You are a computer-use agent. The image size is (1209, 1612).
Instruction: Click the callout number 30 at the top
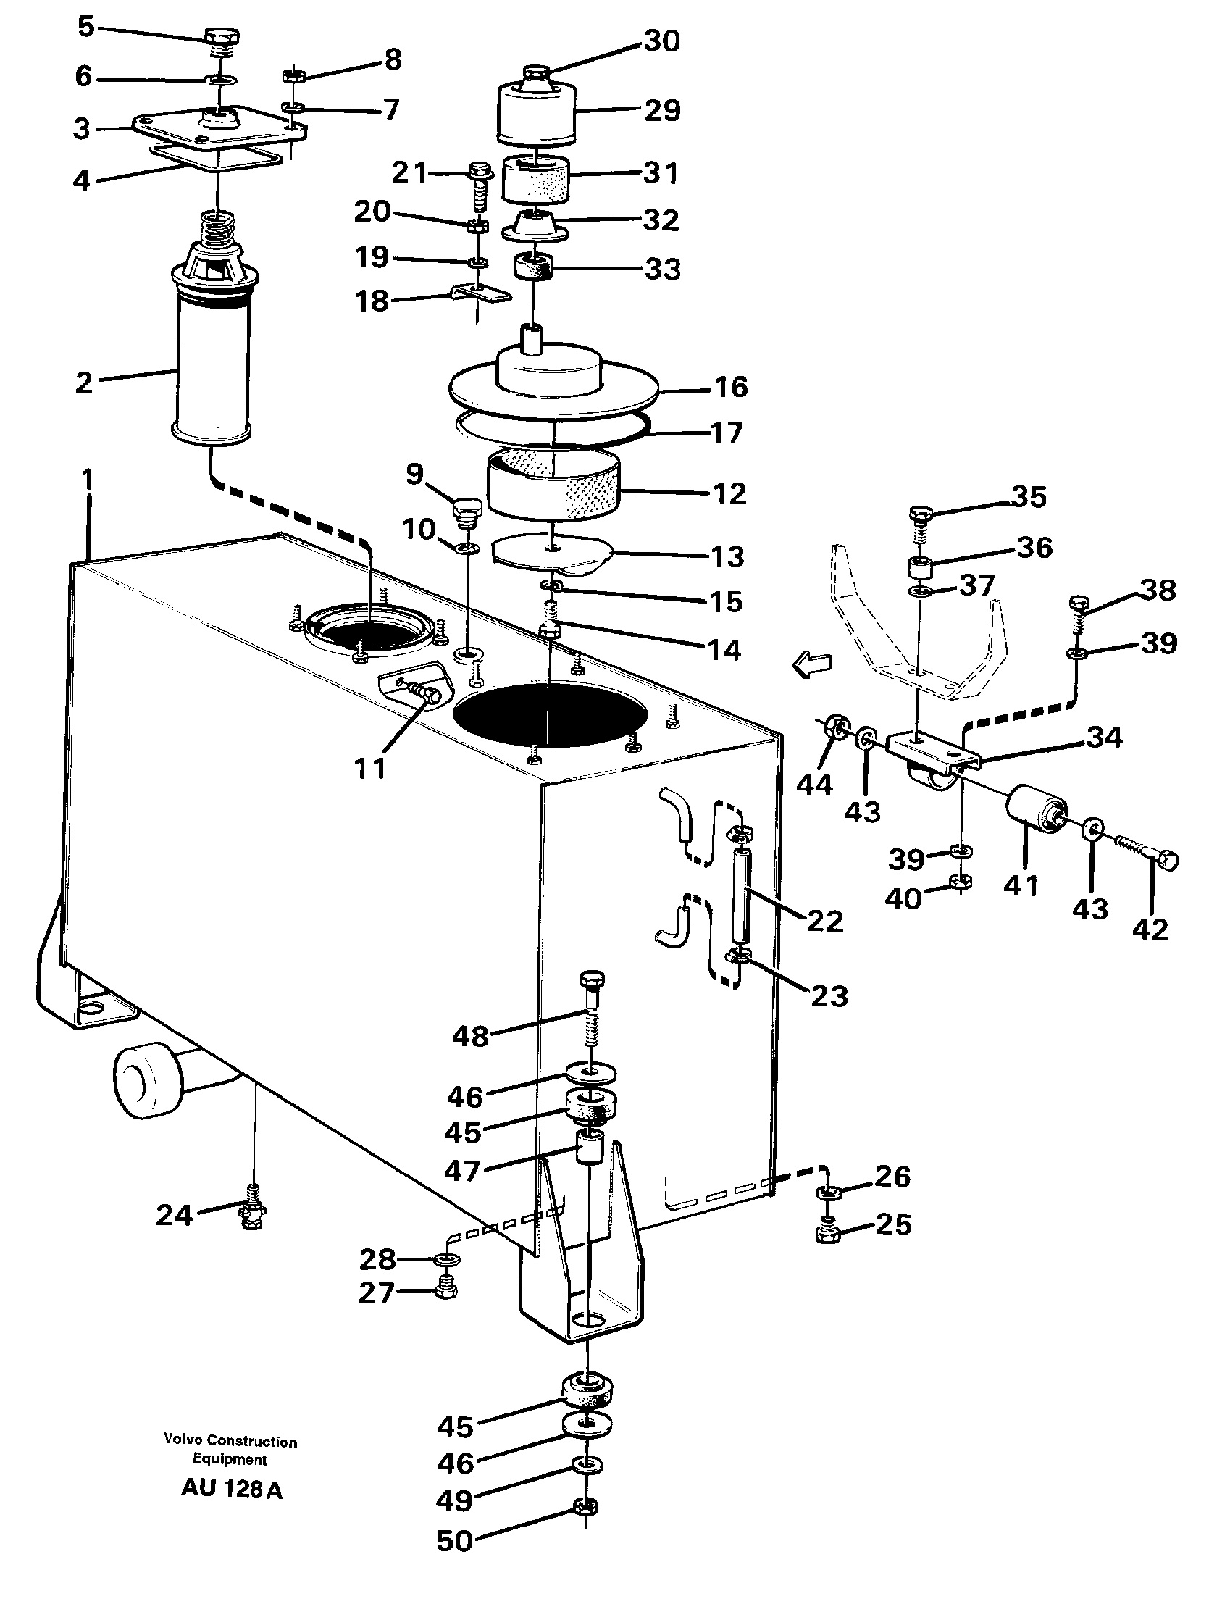661,41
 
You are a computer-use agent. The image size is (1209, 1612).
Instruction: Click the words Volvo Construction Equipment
230,1450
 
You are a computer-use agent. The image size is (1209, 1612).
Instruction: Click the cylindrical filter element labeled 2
212,364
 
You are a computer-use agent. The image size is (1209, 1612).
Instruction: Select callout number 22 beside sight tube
824,920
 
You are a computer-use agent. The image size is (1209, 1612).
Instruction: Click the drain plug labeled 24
251,1215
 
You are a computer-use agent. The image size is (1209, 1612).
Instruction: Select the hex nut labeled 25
829,1233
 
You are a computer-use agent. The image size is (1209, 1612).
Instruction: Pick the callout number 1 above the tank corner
88,480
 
